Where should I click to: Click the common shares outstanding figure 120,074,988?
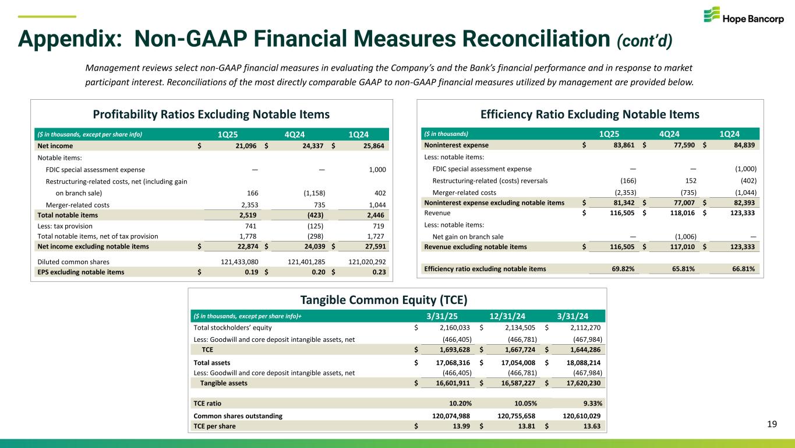pyautogui.click(x=446, y=416)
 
